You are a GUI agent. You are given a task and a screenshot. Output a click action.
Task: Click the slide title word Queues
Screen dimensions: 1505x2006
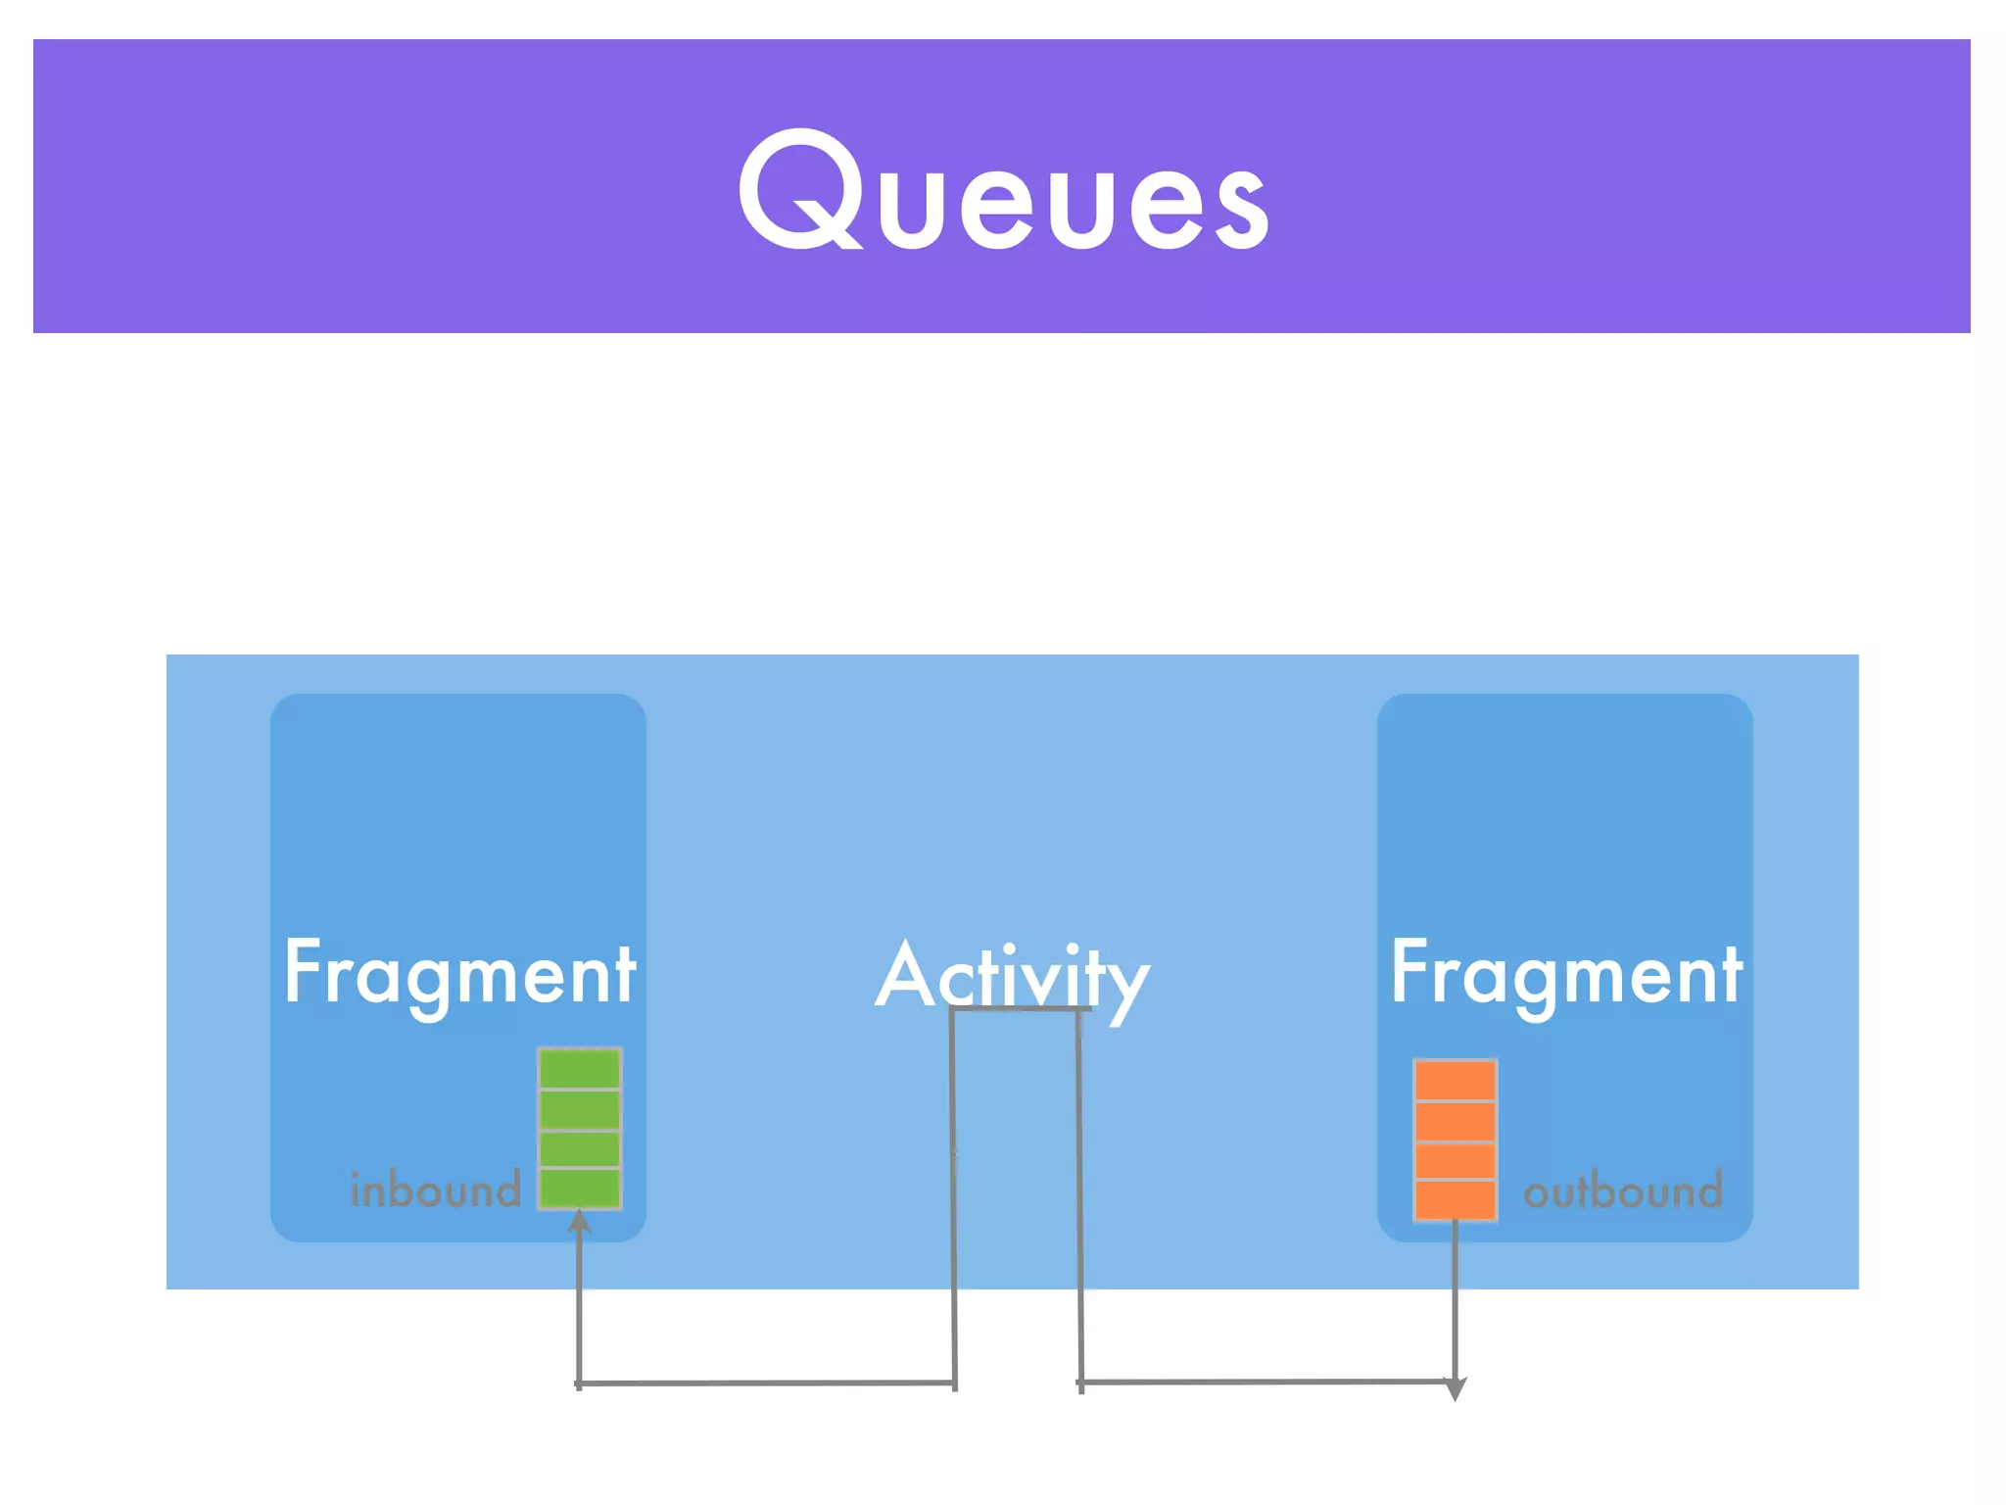1003,191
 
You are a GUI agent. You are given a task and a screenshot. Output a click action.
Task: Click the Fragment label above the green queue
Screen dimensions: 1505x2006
459,973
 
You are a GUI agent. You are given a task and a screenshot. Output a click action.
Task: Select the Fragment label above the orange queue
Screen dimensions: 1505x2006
1565,973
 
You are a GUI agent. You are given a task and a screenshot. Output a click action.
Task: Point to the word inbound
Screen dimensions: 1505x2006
435,1189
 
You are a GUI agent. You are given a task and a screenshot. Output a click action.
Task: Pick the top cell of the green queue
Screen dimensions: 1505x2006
580,1069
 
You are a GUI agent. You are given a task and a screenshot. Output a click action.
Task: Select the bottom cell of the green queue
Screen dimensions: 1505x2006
580,1189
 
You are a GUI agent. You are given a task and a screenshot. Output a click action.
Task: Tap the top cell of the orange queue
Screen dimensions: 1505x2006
1455,1081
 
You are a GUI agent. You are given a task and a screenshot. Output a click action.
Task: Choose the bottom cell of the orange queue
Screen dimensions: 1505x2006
1455,1199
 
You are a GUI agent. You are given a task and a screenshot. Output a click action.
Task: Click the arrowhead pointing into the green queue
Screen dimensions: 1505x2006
580,1221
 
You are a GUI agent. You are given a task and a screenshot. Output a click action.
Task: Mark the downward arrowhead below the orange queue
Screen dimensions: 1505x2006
1456,1388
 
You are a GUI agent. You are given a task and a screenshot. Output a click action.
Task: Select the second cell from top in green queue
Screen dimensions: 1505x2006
580,1109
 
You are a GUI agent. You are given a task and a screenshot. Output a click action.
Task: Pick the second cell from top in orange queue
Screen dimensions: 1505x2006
1455,1121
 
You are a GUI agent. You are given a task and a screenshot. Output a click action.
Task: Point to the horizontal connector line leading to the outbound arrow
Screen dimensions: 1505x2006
1264,1382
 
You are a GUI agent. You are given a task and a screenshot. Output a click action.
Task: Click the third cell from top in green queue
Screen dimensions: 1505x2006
580,1148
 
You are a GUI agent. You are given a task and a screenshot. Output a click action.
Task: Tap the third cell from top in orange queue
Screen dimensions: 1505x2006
1455,1161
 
